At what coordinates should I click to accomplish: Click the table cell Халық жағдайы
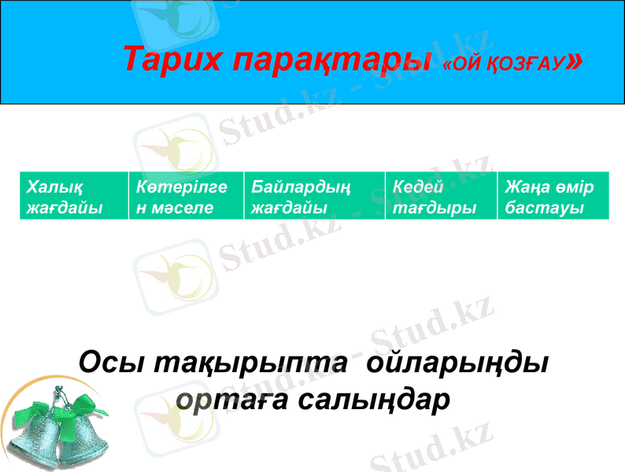point(74,197)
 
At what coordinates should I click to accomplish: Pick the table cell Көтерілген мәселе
point(186,197)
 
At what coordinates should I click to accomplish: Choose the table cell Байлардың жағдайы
point(314,197)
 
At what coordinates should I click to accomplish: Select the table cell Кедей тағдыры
point(441,197)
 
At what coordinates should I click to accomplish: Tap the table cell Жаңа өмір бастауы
point(553,197)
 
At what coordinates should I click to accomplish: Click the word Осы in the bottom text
point(111,363)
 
